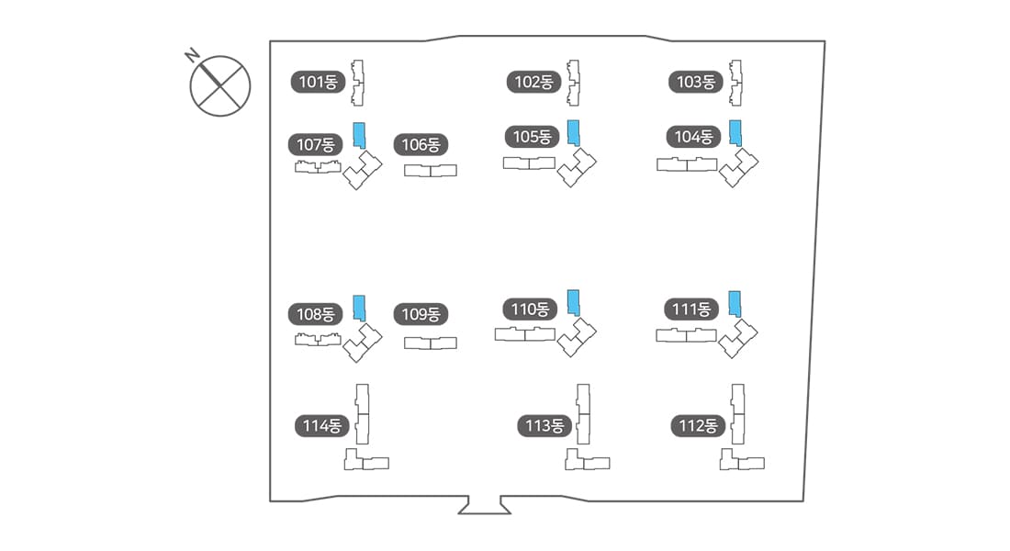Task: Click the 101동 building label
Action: coord(319,82)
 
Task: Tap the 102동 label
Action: coord(533,82)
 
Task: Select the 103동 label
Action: coord(695,82)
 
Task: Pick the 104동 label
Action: coord(693,137)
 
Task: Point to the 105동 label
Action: coord(532,137)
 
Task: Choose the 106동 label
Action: coord(421,144)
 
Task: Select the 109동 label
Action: coord(421,314)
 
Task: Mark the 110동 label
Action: coord(530,309)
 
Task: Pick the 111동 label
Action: coord(691,309)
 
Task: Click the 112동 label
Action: coord(697,426)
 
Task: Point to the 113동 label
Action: coord(544,426)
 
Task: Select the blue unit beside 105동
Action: coord(573,133)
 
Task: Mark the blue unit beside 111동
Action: coord(735,303)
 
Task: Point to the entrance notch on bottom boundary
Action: coord(484,505)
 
